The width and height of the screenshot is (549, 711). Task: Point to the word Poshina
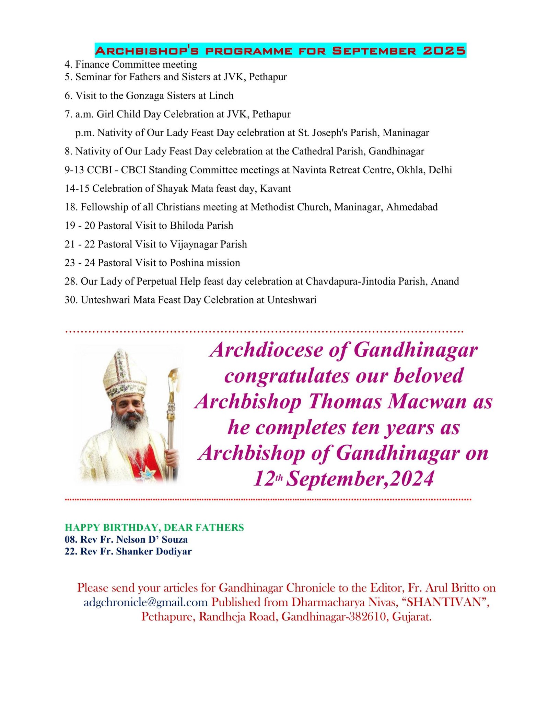(187, 263)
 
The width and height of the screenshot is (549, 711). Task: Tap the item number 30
(71, 300)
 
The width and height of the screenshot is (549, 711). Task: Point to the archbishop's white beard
(128, 434)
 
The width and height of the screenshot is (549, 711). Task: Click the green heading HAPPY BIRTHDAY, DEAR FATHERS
(154, 528)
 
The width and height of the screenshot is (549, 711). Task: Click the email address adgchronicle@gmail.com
(145, 602)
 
